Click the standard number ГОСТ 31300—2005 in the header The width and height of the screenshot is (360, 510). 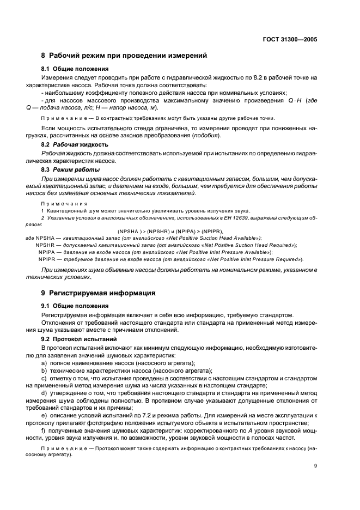(289, 39)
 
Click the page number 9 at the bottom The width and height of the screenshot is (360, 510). (315, 465)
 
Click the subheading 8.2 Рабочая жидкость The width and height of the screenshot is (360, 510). (75, 144)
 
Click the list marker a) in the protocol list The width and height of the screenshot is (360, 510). (44, 363)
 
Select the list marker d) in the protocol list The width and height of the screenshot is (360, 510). (44, 392)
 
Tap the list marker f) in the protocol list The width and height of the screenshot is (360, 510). (44, 430)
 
